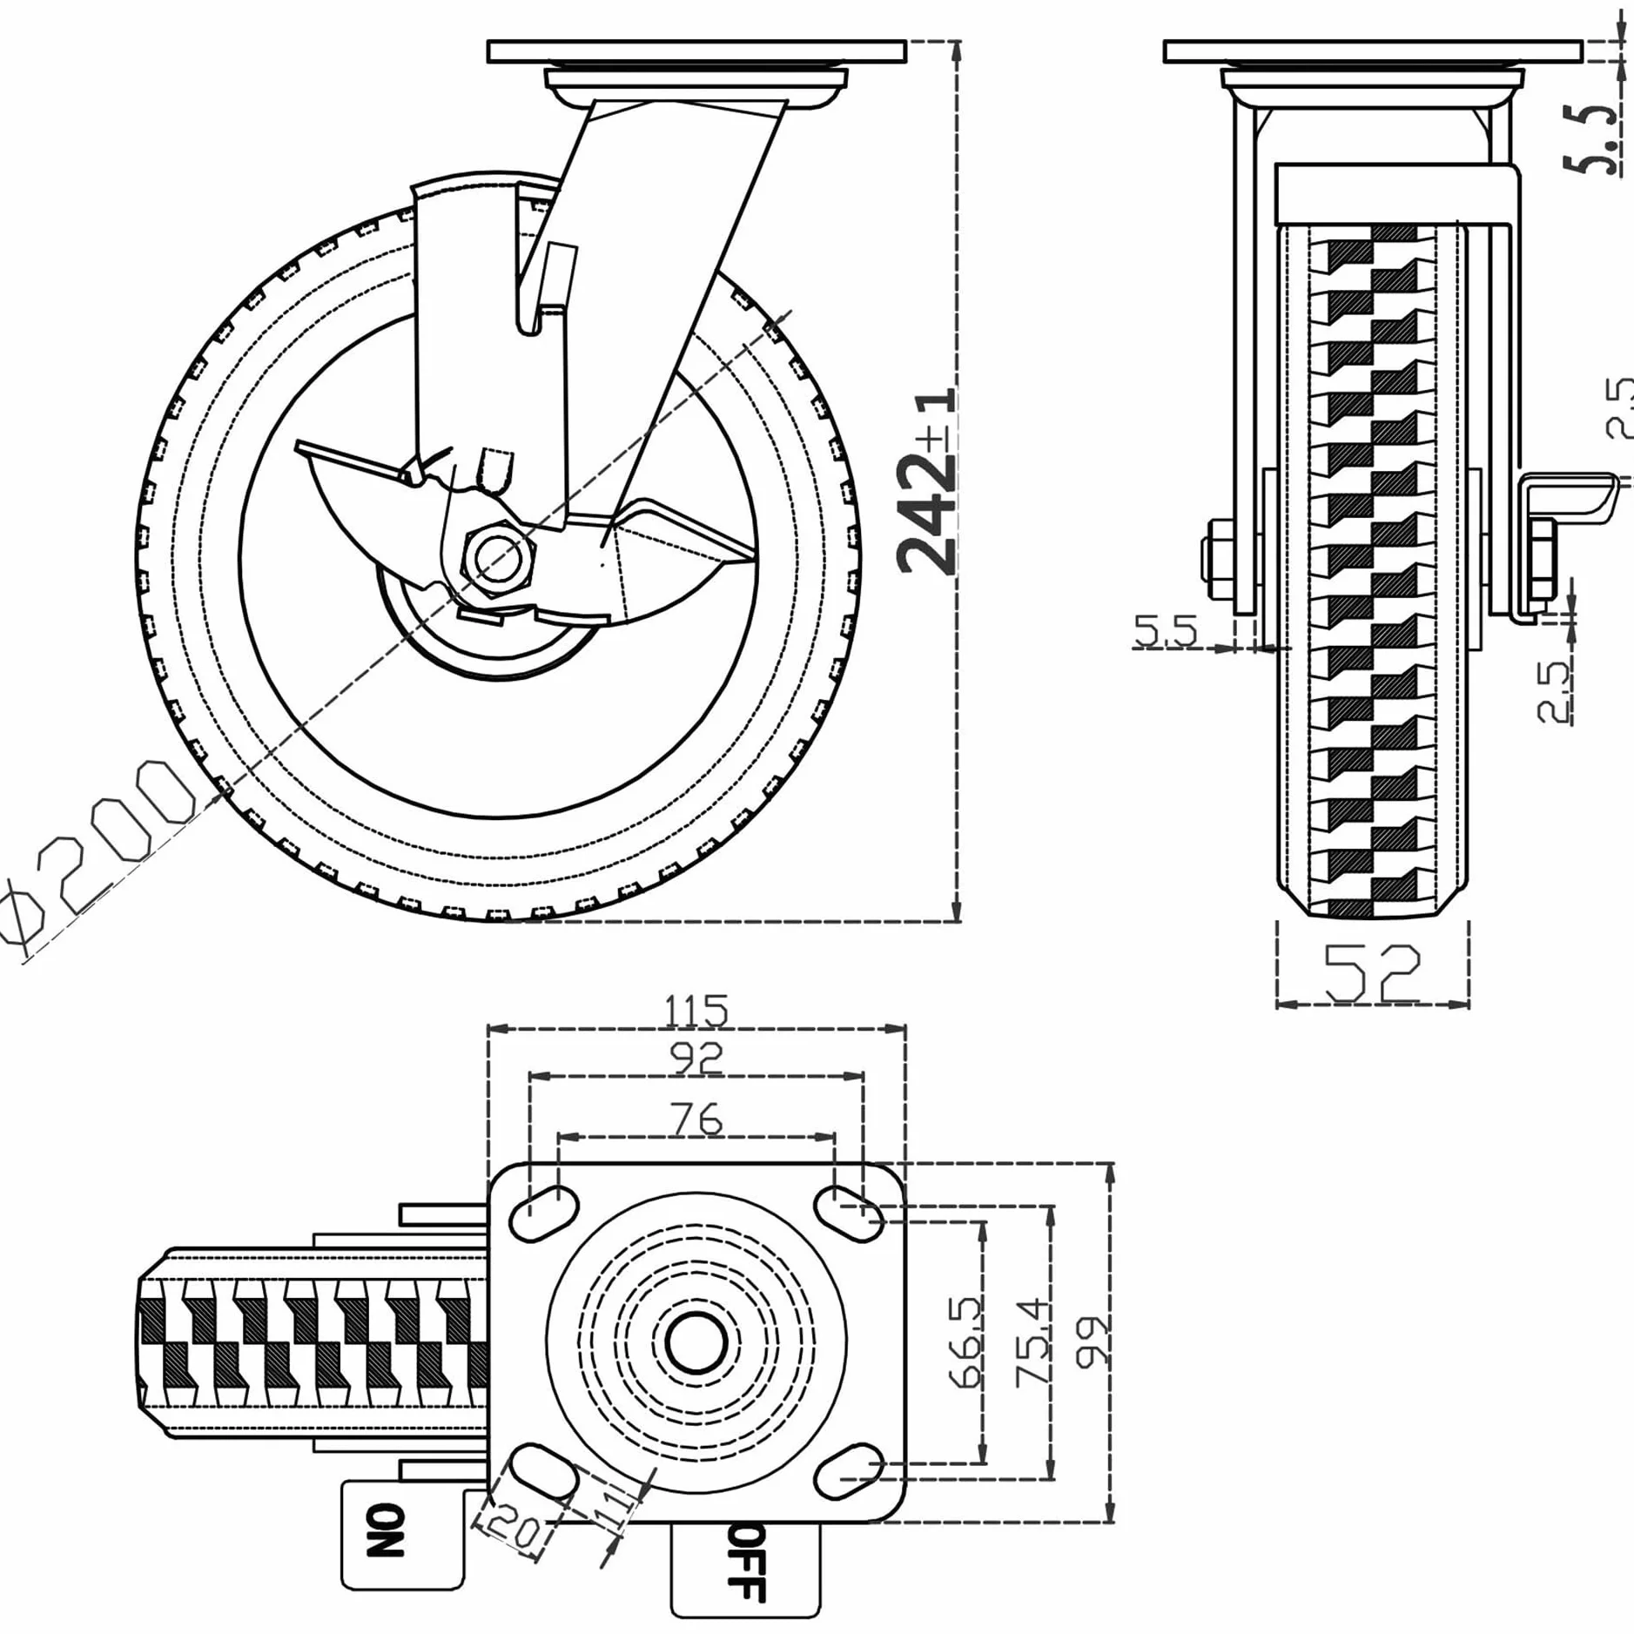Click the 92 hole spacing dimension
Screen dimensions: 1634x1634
[697, 1059]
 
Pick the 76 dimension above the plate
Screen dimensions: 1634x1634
[697, 1119]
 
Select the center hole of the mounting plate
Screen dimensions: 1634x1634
[696, 1341]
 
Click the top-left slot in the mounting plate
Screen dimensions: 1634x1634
[545, 1211]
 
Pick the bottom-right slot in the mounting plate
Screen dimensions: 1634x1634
[850, 1472]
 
